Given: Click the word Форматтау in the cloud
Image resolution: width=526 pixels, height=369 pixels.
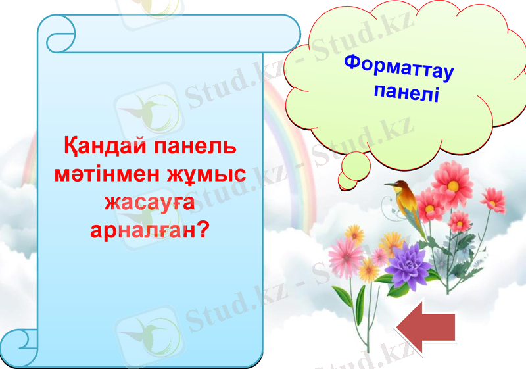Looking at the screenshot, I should click(399, 68).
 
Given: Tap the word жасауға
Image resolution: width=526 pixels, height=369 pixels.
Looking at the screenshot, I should click(150, 201).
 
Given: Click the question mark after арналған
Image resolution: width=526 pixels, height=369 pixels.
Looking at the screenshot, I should click(204, 230).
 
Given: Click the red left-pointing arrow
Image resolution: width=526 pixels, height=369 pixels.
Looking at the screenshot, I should click(427, 327).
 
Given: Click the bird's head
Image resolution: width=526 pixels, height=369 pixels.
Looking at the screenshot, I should click(398, 186).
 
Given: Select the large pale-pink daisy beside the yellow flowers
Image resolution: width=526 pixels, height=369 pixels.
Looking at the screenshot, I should click(343, 254).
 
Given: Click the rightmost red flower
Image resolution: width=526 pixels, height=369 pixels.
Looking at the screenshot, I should click(492, 199).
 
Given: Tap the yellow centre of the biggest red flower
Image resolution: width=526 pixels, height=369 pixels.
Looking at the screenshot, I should click(452, 184).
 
